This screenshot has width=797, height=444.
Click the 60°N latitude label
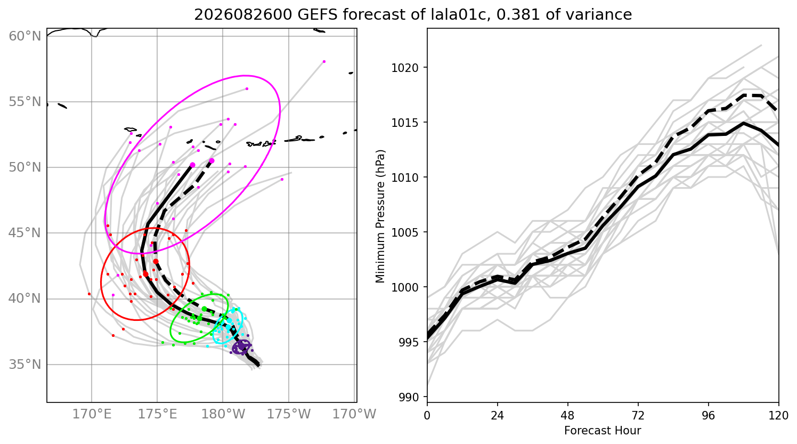(x=25, y=36)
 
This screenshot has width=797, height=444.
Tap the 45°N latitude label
(x=25, y=233)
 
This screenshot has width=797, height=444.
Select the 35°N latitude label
(x=25, y=365)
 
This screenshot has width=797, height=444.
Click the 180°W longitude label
(x=223, y=414)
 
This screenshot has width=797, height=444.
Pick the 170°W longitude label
(x=354, y=414)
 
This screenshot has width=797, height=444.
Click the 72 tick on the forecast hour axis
(x=638, y=416)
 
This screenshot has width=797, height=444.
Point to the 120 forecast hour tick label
(x=778, y=416)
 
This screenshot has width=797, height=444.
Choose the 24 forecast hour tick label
(x=498, y=416)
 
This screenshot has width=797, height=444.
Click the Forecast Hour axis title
(x=603, y=431)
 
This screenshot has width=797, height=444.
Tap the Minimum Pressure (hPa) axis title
(x=380, y=216)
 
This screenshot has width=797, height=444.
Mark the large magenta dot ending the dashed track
(x=212, y=161)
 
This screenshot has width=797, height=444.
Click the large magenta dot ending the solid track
(x=192, y=165)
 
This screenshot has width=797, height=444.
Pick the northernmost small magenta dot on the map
(x=324, y=62)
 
